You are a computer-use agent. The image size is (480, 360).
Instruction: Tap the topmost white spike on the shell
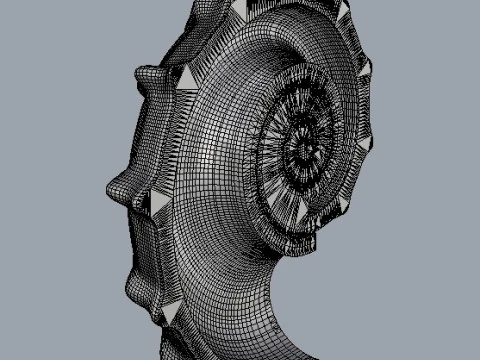click(x=342, y=11)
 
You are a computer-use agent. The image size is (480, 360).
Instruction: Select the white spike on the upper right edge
click(x=364, y=68)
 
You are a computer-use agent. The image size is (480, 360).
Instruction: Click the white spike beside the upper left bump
click(x=186, y=78)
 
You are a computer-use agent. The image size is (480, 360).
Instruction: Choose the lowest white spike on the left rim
click(x=169, y=313)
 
